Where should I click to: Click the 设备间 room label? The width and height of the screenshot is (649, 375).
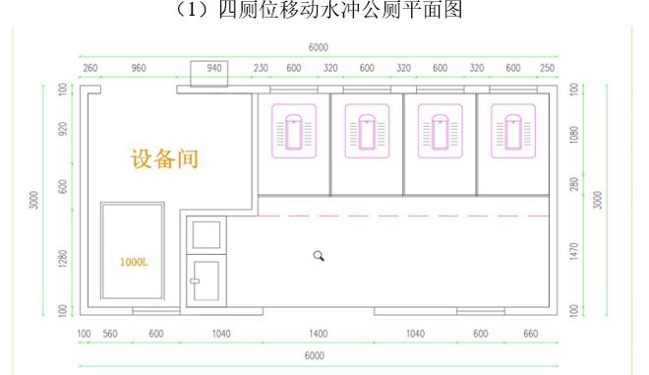(x=164, y=157)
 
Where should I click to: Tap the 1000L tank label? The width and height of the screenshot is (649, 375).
(x=134, y=262)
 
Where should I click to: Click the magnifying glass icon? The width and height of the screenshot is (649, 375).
(x=319, y=256)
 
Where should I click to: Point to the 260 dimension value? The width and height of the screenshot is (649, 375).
(x=90, y=68)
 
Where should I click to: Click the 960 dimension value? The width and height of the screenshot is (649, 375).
(x=138, y=68)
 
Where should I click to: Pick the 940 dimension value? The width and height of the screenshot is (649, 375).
(x=216, y=68)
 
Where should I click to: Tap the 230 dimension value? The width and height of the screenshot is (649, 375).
(x=261, y=68)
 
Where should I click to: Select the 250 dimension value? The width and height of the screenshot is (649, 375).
(x=547, y=68)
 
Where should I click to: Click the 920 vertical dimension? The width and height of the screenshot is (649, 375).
(x=62, y=128)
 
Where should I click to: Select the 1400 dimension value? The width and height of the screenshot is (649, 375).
(x=319, y=334)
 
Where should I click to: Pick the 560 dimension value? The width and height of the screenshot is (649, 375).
(x=110, y=334)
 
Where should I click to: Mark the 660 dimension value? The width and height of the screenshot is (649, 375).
(x=531, y=334)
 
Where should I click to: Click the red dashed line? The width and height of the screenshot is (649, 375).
(x=403, y=215)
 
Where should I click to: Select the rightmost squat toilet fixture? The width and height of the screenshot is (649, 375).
(x=512, y=132)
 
